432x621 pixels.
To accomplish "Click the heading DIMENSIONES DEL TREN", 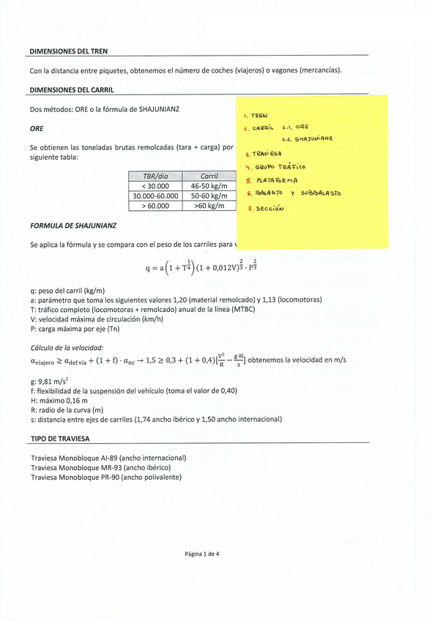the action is pyautogui.click(x=68, y=52).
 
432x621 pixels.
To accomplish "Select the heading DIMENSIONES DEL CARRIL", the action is pyautogui.click(x=72, y=90).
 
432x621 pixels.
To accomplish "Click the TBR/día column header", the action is pyautogui.click(x=153, y=176).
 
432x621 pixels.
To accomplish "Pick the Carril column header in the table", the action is pyautogui.click(x=209, y=176).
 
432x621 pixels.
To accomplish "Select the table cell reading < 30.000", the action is pyautogui.click(x=153, y=186).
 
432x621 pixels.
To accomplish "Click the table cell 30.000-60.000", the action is pyautogui.click(x=155, y=196).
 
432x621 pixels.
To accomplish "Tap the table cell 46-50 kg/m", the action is pyautogui.click(x=209, y=186).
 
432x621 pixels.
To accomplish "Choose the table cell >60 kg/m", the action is pyautogui.click(x=209, y=207).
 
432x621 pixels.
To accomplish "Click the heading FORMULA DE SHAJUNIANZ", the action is pyautogui.click(x=72, y=225).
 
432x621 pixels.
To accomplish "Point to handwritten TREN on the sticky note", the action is pyautogui.click(x=259, y=116).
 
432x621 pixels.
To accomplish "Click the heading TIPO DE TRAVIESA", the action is pyautogui.click(x=60, y=439).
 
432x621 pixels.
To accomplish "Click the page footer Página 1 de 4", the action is pyautogui.click(x=201, y=554).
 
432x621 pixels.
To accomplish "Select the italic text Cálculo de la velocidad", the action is pyautogui.click(x=67, y=348).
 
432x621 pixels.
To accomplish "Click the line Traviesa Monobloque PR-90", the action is pyautogui.click(x=106, y=477).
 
